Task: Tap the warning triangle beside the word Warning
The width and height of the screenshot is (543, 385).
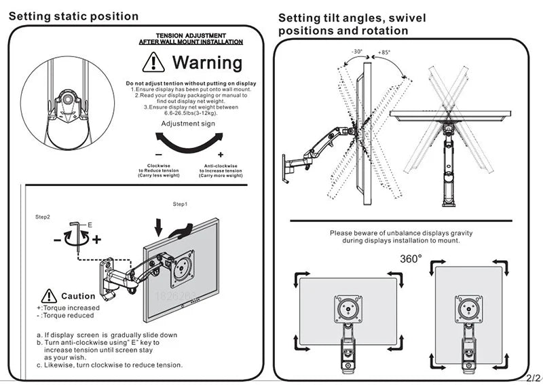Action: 154,62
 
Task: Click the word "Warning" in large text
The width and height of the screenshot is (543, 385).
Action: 207,62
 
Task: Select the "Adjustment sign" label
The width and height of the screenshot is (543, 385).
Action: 188,124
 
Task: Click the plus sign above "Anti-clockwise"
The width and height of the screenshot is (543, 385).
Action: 221,155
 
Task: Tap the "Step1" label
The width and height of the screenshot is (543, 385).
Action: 180,204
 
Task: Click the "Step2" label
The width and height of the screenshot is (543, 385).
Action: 43,217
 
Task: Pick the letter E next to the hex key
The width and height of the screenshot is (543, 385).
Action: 89,223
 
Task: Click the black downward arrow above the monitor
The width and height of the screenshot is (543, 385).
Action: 158,224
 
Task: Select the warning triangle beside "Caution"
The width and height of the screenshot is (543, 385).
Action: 50,296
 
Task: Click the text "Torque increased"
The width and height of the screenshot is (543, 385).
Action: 73,308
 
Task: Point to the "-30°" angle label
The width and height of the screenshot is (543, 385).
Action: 357,52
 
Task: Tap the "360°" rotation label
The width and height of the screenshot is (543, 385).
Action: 410,258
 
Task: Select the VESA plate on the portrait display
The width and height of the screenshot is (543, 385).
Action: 468,308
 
